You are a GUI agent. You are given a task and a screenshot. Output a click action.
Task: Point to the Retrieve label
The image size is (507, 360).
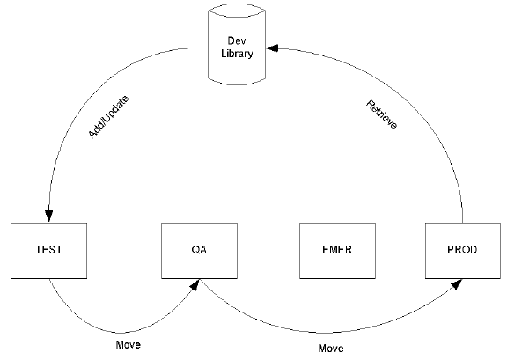click(x=381, y=114)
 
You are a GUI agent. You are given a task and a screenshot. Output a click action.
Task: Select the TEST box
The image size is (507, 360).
click(x=49, y=250)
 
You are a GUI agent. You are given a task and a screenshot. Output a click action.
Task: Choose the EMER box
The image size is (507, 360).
click(x=337, y=250)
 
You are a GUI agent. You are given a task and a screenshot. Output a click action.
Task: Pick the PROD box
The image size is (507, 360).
click(x=461, y=250)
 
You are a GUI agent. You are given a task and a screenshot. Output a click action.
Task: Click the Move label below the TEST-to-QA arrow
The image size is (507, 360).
click(x=129, y=344)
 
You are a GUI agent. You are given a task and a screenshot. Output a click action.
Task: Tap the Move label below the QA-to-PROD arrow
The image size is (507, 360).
click(x=330, y=349)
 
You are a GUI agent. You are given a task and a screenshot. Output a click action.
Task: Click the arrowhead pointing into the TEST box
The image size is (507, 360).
click(x=49, y=217)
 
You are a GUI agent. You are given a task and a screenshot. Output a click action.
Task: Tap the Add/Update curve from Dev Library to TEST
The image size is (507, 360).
click(x=88, y=106)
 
